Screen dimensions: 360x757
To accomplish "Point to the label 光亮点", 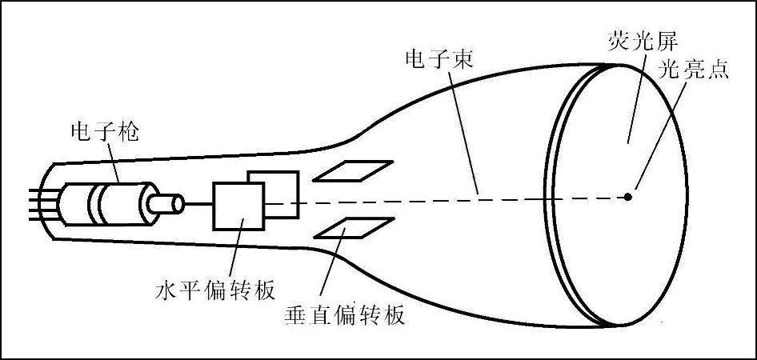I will (x=692, y=70).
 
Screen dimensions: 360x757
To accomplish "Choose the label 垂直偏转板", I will (x=344, y=314).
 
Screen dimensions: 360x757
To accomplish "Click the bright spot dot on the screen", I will (x=629, y=195).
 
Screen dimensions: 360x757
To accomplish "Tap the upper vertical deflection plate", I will (x=353, y=170).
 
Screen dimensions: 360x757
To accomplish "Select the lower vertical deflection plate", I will (x=353, y=229).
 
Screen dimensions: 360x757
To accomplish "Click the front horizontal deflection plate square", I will (x=238, y=206).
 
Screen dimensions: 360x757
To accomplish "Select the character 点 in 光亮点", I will (x=717, y=70).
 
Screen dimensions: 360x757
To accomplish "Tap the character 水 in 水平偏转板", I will (x=165, y=290).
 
